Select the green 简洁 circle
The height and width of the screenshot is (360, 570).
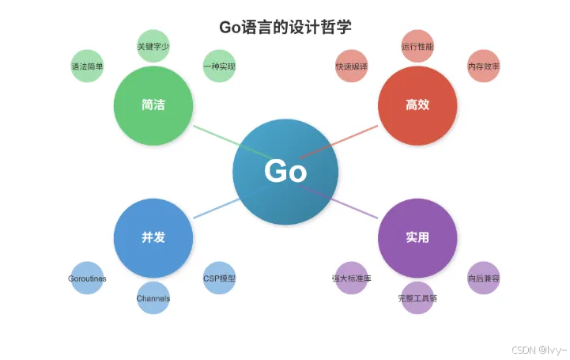click(x=153, y=105)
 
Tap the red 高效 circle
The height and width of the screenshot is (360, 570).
click(x=417, y=105)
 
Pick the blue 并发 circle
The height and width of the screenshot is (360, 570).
click(x=153, y=237)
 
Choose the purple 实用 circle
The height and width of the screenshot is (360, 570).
click(x=417, y=237)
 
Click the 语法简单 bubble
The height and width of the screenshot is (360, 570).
click(x=87, y=66)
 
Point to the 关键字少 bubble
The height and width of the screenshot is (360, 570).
click(x=153, y=46)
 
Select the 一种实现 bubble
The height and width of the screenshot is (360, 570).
click(x=219, y=66)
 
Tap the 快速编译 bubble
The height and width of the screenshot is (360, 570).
click(x=352, y=66)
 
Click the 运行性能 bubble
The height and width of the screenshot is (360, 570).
click(x=417, y=46)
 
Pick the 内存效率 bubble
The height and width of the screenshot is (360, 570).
click(x=483, y=66)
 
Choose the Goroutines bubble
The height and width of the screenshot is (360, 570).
click(x=87, y=279)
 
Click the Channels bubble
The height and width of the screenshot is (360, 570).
click(x=153, y=298)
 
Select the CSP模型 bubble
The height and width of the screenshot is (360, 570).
click(x=219, y=279)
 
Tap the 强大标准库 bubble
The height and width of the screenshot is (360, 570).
click(x=352, y=279)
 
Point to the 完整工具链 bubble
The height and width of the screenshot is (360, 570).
click(x=417, y=298)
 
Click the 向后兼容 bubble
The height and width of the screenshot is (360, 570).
click(x=483, y=279)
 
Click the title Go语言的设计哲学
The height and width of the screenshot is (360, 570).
click(x=285, y=26)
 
